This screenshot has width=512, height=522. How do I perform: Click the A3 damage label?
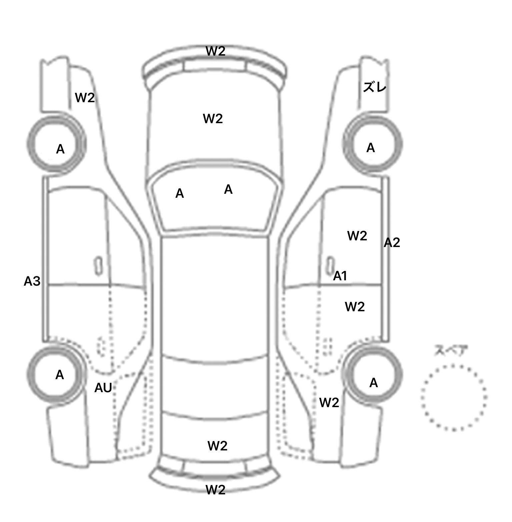(32, 282)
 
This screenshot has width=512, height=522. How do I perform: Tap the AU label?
(103, 388)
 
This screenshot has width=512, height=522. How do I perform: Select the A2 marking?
(392, 243)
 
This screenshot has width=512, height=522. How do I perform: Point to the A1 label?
(340, 276)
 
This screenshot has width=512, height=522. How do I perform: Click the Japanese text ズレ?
(375, 88)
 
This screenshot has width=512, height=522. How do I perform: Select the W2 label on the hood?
(213, 119)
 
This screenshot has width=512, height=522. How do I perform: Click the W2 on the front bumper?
(215, 51)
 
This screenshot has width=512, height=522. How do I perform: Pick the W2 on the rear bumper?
(215, 490)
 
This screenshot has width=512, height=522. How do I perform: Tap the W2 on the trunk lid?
(217, 446)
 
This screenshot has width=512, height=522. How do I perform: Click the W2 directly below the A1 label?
(355, 307)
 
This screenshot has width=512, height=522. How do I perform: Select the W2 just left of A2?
(357, 236)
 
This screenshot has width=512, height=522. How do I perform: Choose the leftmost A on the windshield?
(179, 193)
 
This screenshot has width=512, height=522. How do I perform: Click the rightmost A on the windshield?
(228, 189)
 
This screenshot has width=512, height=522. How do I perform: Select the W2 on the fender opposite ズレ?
(85, 98)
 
